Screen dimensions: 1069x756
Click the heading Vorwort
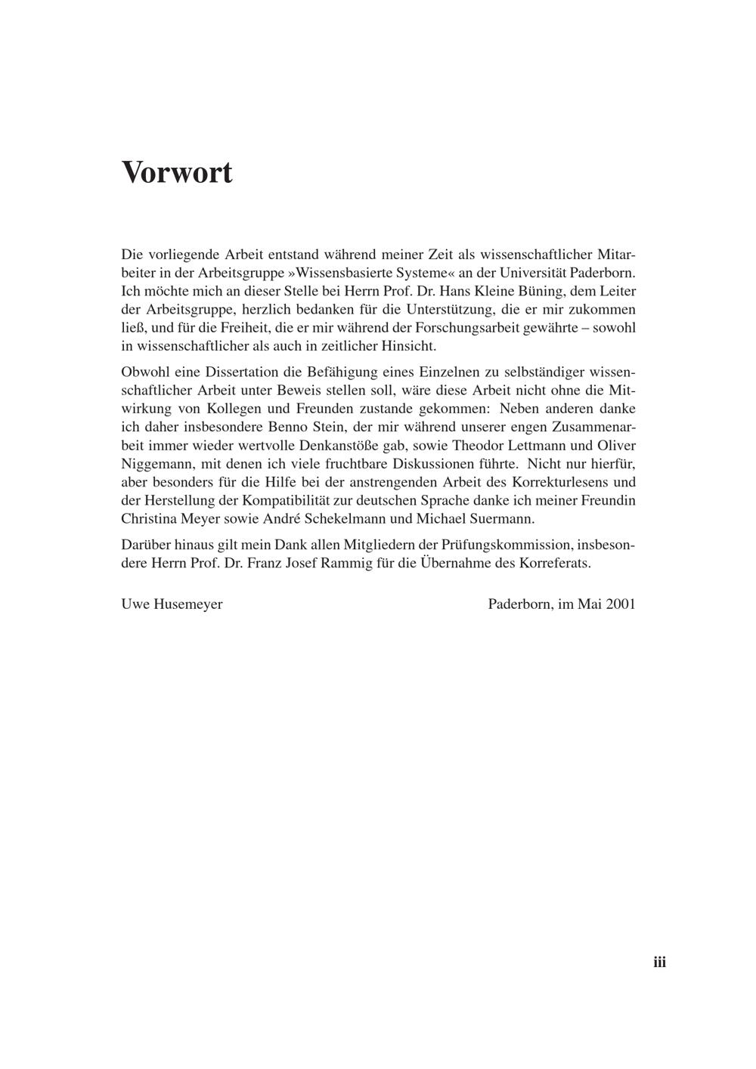[177, 172]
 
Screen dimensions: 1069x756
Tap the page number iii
[659, 962]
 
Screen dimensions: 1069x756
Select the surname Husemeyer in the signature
[187, 604]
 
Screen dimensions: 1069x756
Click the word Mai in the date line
[589, 604]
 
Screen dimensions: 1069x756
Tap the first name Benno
[276, 427]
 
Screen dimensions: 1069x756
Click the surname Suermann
[502, 519]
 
